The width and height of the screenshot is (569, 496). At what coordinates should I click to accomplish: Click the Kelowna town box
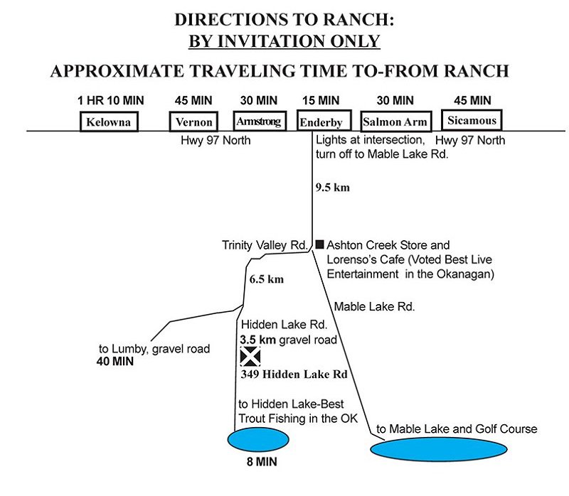[x=108, y=122]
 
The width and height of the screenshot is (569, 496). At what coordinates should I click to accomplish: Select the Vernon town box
[x=191, y=122]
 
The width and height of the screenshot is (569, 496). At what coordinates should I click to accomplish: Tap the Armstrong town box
[x=258, y=122]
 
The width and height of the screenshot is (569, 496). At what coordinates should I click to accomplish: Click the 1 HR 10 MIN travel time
[x=109, y=101]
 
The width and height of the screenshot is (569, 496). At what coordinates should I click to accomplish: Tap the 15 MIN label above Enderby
[x=319, y=101]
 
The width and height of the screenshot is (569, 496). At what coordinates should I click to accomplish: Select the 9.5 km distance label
[x=331, y=189]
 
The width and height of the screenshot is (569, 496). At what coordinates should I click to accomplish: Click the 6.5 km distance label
[x=267, y=279]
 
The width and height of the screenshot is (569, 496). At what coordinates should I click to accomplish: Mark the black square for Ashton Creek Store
[x=319, y=244]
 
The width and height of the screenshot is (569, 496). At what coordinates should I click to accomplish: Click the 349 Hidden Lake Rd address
[x=287, y=374]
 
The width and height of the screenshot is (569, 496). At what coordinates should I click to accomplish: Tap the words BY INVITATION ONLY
[x=284, y=41]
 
